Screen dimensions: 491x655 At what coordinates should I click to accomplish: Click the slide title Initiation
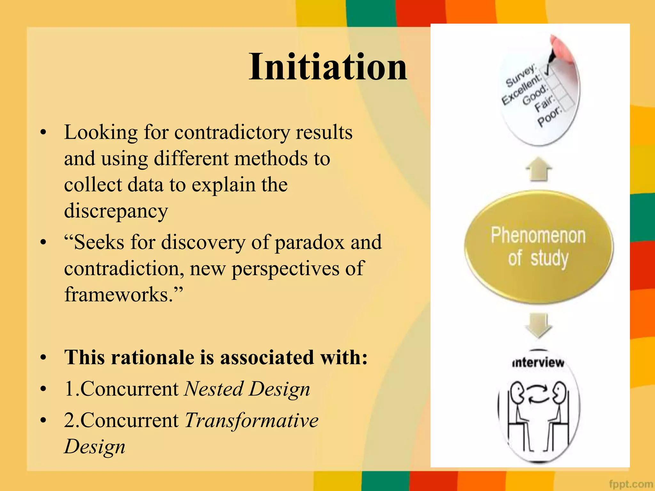tap(328, 67)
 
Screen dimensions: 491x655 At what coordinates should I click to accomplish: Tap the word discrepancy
tap(116, 211)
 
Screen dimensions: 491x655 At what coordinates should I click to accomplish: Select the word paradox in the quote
tap(309, 242)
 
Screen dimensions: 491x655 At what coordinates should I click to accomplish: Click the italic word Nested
tap(214, 389)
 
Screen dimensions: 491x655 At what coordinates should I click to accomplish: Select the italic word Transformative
tap(251, 420)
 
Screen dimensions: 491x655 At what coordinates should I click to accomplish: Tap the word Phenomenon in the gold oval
tap(538, 236)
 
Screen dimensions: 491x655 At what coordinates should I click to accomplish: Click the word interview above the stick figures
tap(538, 363)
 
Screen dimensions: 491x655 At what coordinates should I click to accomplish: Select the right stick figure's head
tap(560, 391)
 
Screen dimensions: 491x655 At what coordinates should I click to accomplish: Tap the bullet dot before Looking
tap(43, 133)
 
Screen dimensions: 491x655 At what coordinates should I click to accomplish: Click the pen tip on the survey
tap(551, 61)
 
